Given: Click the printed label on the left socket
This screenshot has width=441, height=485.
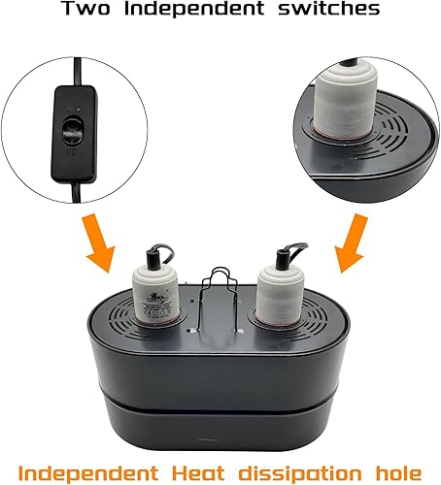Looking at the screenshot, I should pos(153,296).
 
